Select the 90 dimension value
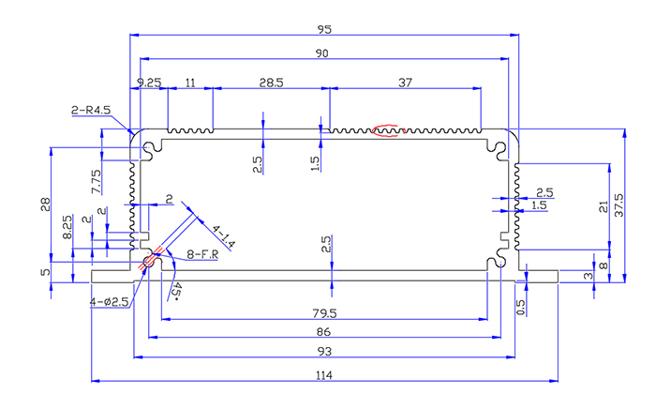click(x=322, y=54)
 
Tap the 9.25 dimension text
click(x=149, y=83)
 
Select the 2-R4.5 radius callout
click(x=91, y=110)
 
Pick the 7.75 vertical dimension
click(x=97, y=181)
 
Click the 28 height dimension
click(x=45, y=205)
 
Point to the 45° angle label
click(x=176, y=290)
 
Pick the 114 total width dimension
click(x=324, y=375)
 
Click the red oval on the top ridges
click(x=386, y=129)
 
